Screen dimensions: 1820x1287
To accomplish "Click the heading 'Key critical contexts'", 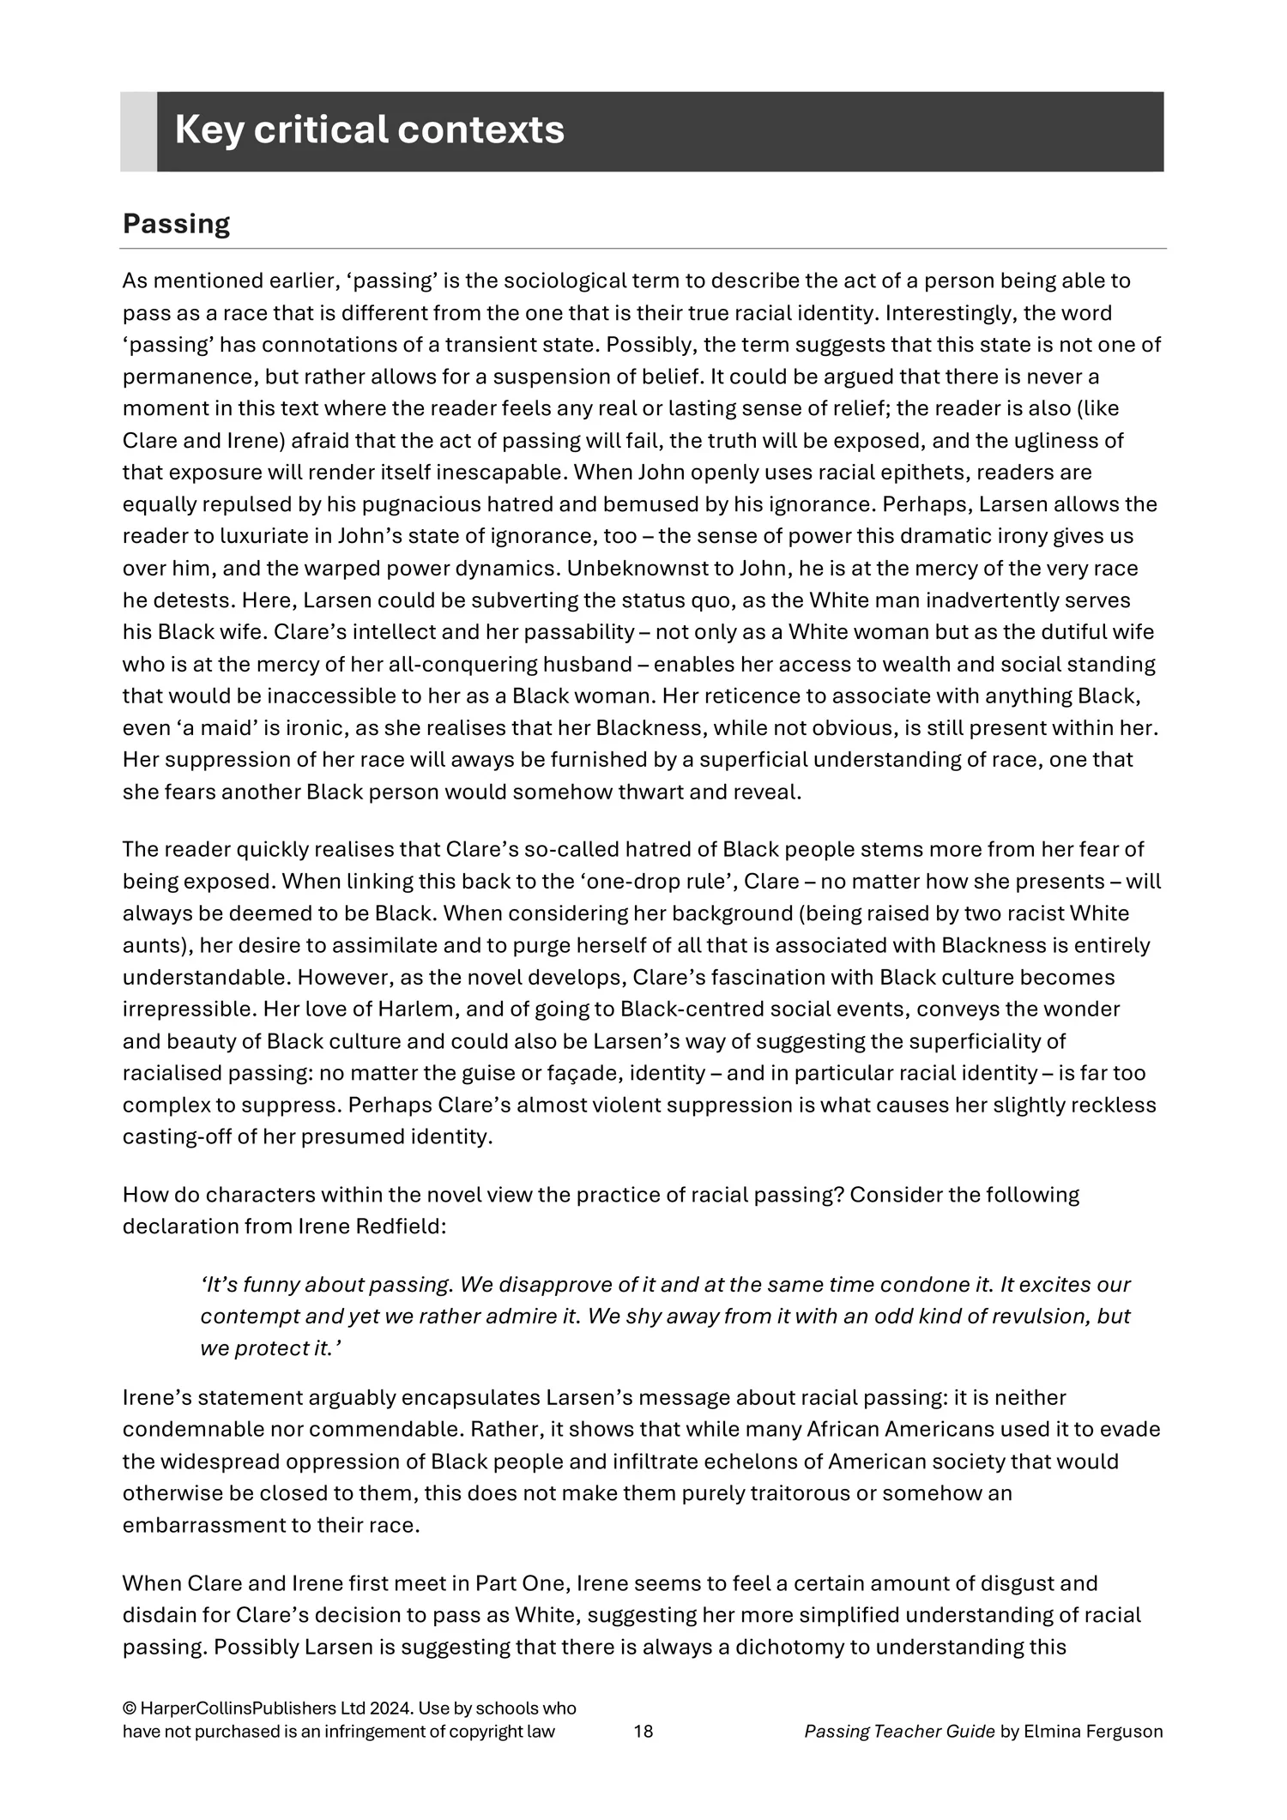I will pyautogui.click(x=369, y=130).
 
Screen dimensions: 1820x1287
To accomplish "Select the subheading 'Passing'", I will pyautogui.click(x=176, y=224).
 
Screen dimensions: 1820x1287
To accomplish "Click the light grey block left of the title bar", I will pyautogui.click(x=138, y=131).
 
